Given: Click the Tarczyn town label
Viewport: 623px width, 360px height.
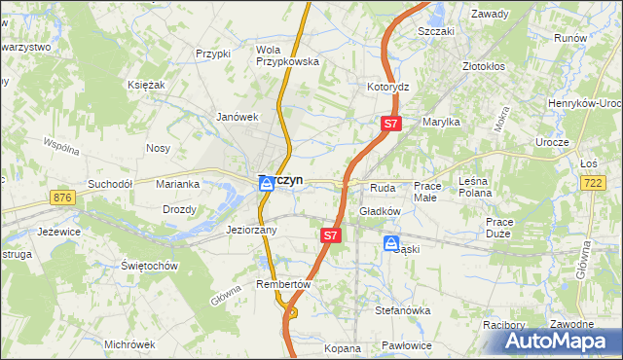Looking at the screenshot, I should point(288,180).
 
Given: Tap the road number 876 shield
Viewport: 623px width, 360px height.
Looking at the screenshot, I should point(64,198).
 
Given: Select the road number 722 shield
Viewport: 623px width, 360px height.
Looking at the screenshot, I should point(592,183).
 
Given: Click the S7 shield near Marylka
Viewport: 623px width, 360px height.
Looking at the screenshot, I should point(389,124).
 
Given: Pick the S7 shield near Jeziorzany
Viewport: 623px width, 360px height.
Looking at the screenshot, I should point(330,235).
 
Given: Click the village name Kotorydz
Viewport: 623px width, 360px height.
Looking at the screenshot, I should point(387,87).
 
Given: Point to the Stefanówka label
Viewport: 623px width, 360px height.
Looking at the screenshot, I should point(403,310).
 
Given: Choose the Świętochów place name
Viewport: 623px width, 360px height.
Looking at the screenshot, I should point(148,266).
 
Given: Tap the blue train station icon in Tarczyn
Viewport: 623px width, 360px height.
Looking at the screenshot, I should point(265,184).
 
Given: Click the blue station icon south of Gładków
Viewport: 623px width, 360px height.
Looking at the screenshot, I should point(390,243).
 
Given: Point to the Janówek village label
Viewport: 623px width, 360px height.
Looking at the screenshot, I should point(236,117).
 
